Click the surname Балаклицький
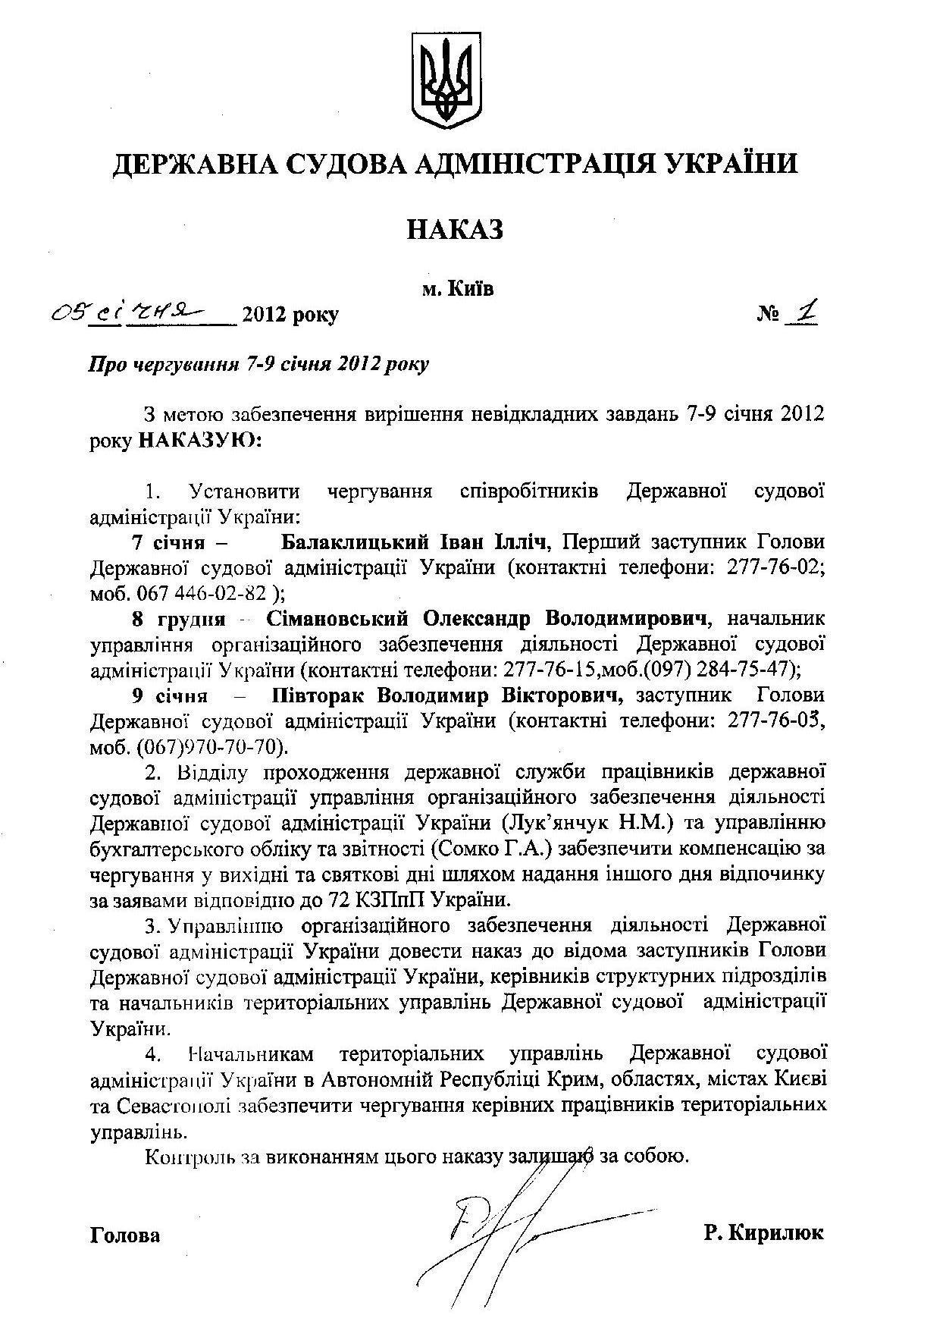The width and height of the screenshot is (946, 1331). (352, 542)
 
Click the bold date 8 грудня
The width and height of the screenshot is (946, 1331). (179, 619)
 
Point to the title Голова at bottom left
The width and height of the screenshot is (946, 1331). (125, 1235)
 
